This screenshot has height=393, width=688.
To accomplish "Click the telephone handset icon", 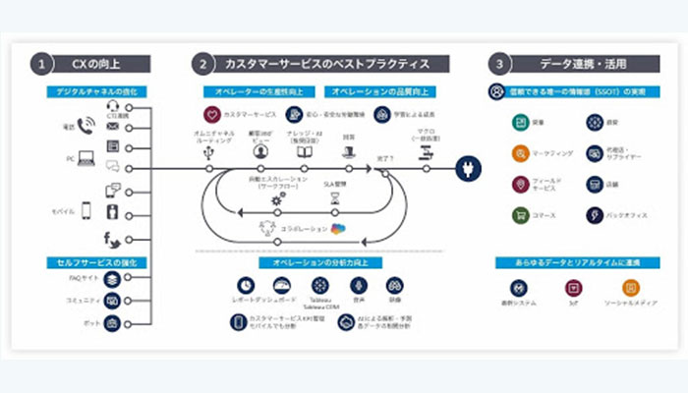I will click(86, 127).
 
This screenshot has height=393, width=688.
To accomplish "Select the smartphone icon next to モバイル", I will click(86, 210).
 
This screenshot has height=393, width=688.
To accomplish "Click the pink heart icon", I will click(210, 115).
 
